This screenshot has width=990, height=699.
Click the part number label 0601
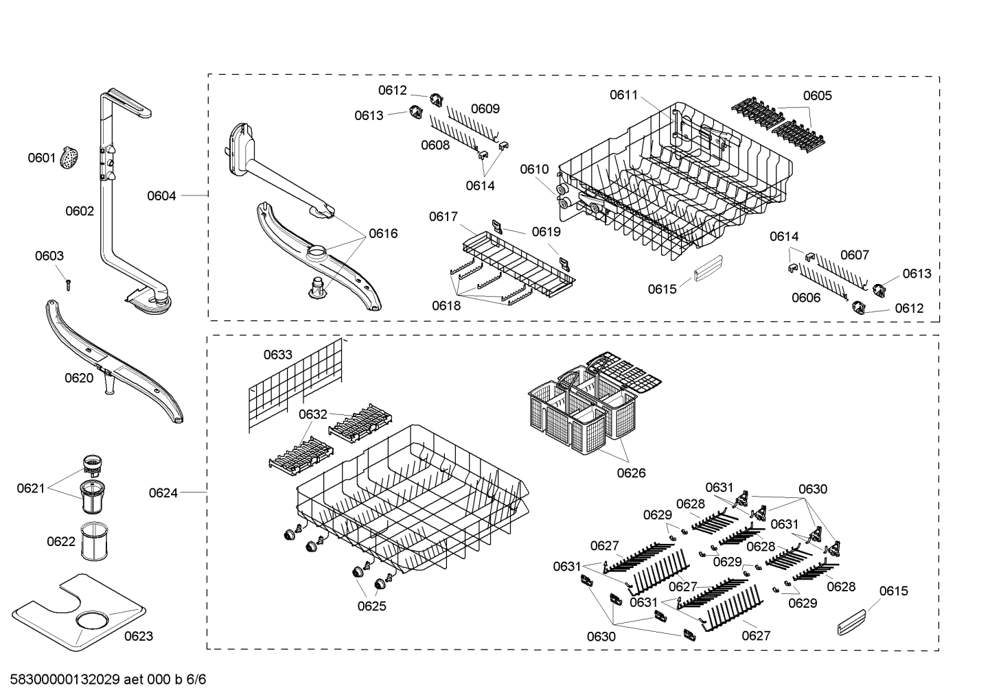(x=41, y=158)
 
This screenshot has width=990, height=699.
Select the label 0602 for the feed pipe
(x=80, y=211)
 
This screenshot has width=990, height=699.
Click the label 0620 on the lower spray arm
(x=79, y=378)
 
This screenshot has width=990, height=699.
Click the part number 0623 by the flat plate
(x=138, y=636)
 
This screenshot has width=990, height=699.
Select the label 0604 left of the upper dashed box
(x=161, y=196)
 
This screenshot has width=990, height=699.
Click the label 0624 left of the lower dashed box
(x=163, y=493)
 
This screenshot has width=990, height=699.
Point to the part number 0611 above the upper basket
(x=624, y=95)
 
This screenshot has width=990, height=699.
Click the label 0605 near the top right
(x=817, y=95)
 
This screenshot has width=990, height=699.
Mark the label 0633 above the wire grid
(x=278, y=355)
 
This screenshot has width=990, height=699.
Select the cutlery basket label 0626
(x=631, y=473)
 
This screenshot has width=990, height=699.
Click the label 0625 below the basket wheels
(x=371, y=606)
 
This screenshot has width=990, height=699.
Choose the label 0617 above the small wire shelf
(x=444, y=217)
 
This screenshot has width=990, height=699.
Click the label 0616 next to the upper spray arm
(x=383, y=233)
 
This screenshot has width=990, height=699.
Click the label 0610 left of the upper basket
(x=534, y=169)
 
